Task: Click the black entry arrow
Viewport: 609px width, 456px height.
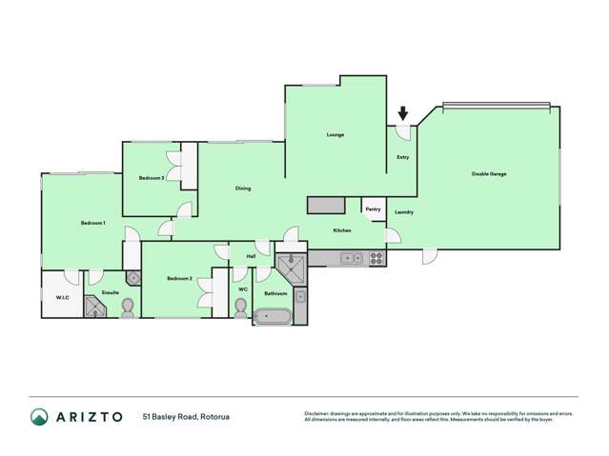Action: point(403,114)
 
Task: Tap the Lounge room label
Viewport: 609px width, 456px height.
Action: point(335,135)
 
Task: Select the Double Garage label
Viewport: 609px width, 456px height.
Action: point(489,174)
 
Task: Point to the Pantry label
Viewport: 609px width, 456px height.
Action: point(373,209)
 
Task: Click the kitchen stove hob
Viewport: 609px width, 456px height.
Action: point(376,257)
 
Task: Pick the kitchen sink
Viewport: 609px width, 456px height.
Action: point(351,257)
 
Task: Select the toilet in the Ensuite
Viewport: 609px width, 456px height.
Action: point(128,307)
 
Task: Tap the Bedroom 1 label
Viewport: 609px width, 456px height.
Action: point(92,223)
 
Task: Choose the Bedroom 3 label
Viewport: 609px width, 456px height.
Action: point(151,178)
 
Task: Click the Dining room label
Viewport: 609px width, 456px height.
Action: point(243,188)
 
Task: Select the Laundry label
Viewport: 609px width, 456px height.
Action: point(403,211)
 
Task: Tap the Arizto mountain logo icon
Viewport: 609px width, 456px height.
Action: point(39,416)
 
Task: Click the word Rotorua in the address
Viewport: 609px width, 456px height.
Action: point(214,417)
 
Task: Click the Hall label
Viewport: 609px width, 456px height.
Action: point(252,256)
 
